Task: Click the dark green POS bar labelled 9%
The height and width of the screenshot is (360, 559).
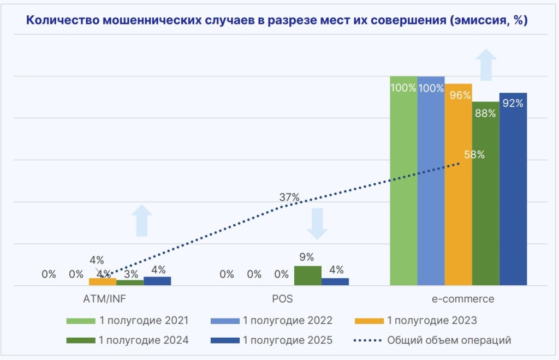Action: (x=307, y=275)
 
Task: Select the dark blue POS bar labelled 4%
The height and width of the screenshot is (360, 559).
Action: (x=335, y=281)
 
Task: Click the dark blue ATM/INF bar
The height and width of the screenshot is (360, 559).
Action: (x=157, y=281)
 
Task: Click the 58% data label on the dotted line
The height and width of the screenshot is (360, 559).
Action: (x=474, y=154)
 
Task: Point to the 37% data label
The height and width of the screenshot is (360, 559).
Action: (x=289, y=198)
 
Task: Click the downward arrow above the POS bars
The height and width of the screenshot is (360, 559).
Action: (x=317, y=223)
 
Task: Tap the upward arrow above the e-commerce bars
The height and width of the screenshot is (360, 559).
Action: (x=485, y=64)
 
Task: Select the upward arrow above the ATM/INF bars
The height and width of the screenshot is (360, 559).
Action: (x=142, y=220)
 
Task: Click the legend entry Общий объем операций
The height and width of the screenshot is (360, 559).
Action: (x=449, y=340)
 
